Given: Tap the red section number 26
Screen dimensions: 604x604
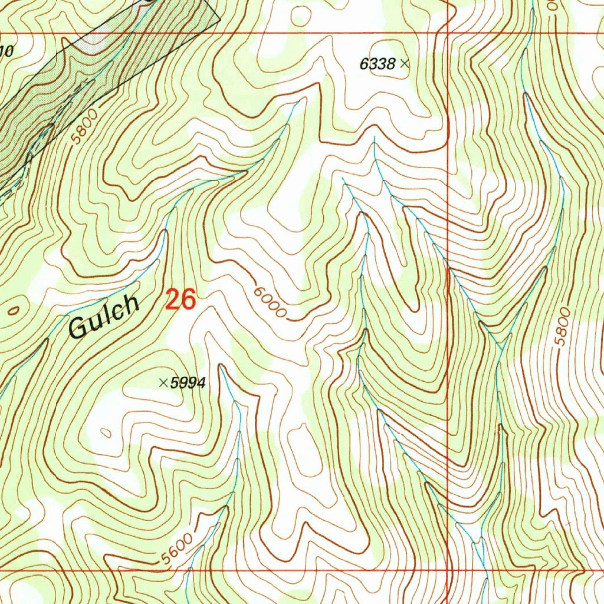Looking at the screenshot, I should pos(180,300).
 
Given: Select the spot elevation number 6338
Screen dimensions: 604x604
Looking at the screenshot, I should pos(377,64).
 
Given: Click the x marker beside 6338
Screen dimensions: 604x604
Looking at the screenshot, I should pos(405,63).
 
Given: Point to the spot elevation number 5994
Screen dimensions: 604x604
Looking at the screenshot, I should pos(188,383).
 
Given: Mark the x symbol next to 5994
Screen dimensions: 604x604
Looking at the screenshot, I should pos(163,383).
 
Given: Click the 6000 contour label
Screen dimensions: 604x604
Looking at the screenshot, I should pos(271,303).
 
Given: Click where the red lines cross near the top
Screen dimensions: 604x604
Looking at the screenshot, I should pos(448,33).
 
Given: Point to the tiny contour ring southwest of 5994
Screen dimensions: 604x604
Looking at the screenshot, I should pos(106,434).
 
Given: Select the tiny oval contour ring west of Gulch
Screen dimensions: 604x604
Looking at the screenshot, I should pos(14,309).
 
